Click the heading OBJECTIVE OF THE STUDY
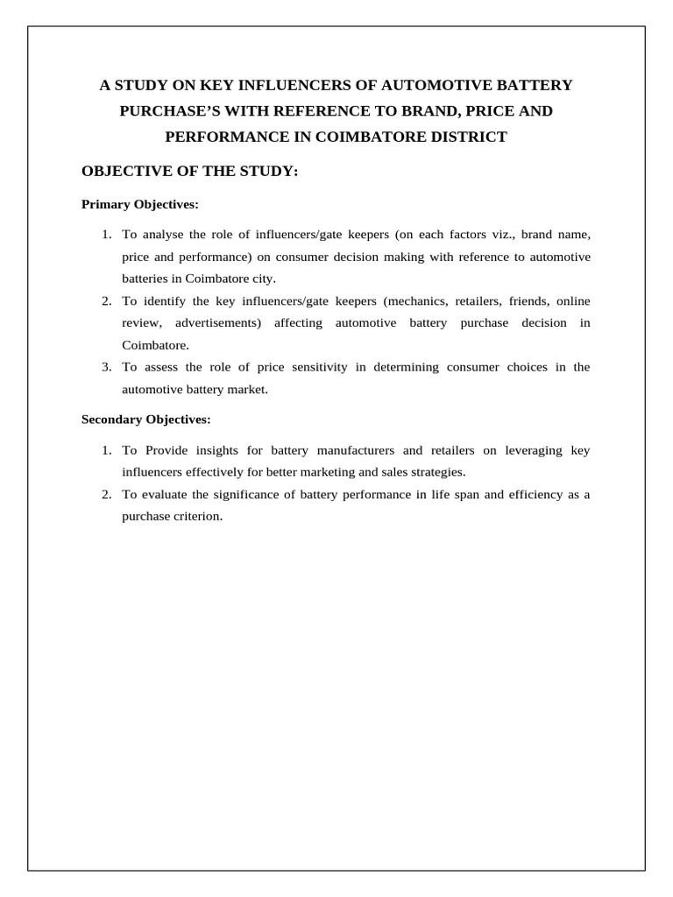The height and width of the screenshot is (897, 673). (x=190, y=171)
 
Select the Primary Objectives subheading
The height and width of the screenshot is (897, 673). (x=140, y=204)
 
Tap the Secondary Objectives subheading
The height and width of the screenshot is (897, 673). (x=146, y=420)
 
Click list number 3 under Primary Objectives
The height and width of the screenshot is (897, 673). (x=106, y=367)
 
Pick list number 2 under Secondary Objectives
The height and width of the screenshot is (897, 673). (x=106, y=495)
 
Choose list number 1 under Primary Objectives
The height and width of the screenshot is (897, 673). (x=106, y=235)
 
